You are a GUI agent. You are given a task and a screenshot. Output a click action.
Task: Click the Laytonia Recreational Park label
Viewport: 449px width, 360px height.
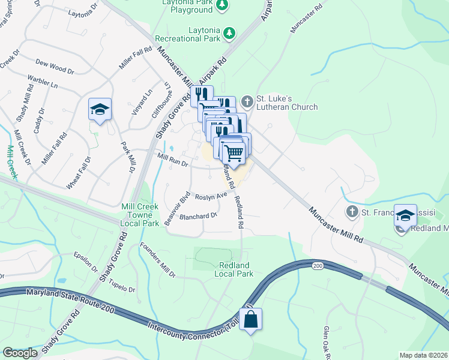[187, 34]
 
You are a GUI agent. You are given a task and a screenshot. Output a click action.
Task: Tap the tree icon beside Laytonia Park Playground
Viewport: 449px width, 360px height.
[222, 5]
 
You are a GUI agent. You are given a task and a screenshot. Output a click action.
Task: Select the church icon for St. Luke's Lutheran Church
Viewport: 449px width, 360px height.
[247, 100]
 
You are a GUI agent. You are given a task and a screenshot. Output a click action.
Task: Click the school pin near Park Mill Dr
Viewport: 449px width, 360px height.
[99, 109]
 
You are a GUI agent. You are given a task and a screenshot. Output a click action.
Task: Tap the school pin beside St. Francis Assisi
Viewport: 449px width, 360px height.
[405, 214]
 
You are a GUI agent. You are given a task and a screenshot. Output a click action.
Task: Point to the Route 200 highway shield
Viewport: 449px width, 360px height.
[317, 265]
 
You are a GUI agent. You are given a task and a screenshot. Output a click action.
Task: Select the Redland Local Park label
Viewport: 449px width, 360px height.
[234, 269]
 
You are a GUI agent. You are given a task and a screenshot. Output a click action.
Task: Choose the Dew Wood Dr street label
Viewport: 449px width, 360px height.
[55, 66]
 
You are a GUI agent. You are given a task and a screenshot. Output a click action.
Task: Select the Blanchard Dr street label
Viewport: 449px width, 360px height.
[197, 215]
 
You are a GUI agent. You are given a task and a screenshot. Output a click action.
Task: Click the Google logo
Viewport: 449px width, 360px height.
[20, 353]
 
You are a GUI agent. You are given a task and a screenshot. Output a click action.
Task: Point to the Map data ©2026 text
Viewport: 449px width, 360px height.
[423, 355]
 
